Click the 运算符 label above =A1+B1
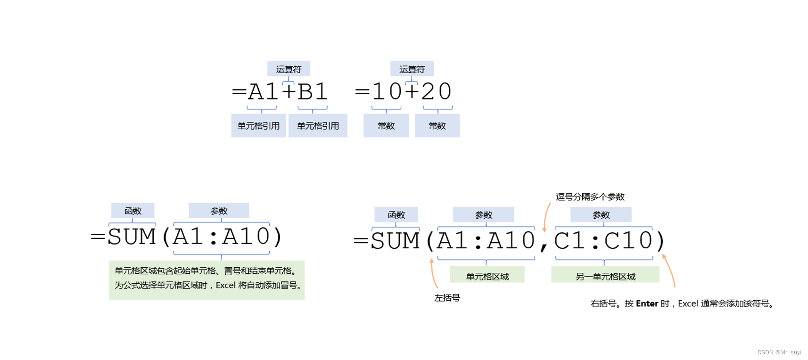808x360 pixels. (x=289, y=69)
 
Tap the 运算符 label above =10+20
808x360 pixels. (x=412, y=69)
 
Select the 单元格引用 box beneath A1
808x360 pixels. (x=258, y=126)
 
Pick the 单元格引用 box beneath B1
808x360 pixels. (x=318, y=126)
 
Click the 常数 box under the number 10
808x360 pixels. (x=386, y=126)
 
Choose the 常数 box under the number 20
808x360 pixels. (x=437, y=126)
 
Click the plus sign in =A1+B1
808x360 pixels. (x=289, y=91)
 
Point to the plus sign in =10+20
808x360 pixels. (x=412, y=91)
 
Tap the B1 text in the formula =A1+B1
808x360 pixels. (x=313, y=91)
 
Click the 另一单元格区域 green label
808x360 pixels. (x=605, y=276)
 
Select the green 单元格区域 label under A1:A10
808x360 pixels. (x=487, y=276)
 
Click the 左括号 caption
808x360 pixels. (x=447, y=298)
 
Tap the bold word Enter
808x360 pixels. (x=647, y=303)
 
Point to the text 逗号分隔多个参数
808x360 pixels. (x=590, y=196)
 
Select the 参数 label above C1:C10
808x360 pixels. (x=601, y=215)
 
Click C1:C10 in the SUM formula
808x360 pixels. (x=603, y=241)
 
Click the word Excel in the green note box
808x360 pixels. (x=225, y=285)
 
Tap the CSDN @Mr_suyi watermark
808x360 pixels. (x=779, y=352)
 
